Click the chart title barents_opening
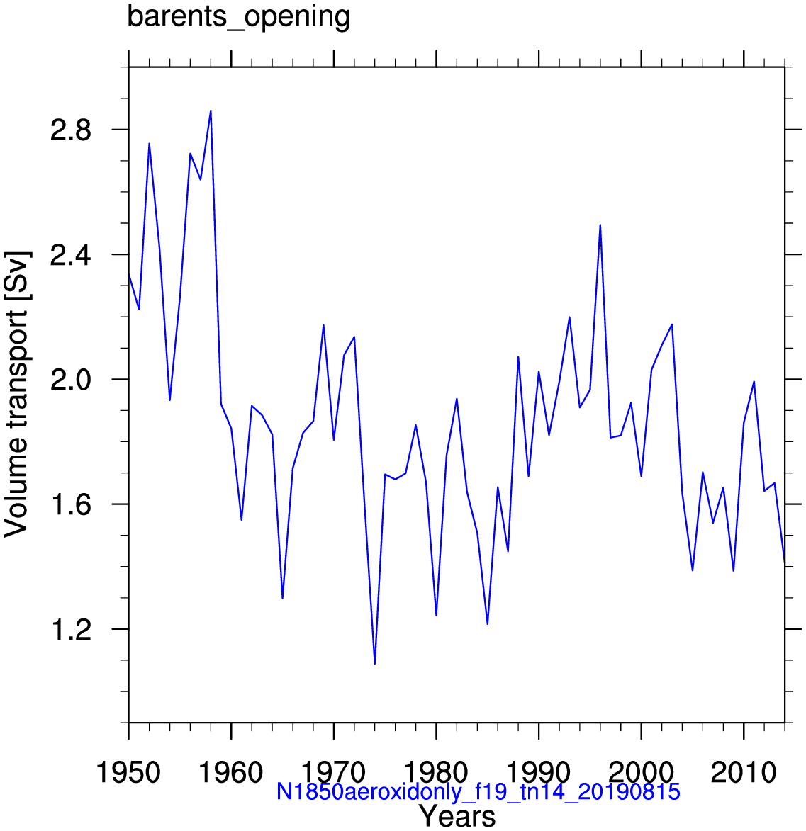coord(239,17)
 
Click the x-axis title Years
coord(457,816)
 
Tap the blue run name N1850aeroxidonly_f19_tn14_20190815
coord(478,791)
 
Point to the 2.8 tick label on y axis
coord(71,130)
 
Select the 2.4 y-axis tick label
coord(71,255)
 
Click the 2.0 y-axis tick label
coord(71,380)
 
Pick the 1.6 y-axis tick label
coord(71,504)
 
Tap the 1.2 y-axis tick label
coord(71,630)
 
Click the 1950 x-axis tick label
coord(128,772)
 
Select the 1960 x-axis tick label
coord(230,772)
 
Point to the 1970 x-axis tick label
coord(334,772)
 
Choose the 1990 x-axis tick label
coord(539,772)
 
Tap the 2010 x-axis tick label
coord(744,772)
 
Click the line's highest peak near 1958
coord(211,111)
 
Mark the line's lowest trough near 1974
coord(375,664)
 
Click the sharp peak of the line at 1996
coord(600,225)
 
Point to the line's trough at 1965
coord(283,598)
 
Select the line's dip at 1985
coord(487,623)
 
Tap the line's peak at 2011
coord(754,382)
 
